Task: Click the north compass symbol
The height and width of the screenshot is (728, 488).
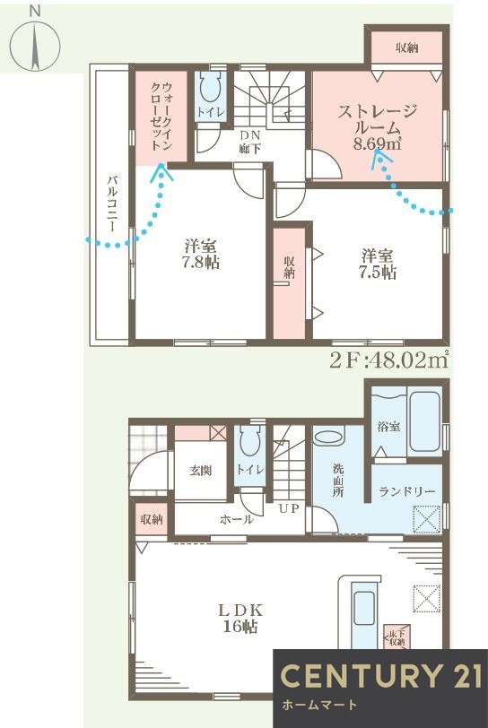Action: (35, 43)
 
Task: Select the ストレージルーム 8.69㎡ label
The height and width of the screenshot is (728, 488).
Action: (378, 126)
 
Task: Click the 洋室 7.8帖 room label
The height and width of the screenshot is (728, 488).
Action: (201, 254)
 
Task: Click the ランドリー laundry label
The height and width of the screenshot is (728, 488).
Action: (406, 492)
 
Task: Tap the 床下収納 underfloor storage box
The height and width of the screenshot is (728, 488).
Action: (395, 637)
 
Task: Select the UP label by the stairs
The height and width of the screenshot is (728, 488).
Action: (289, 508)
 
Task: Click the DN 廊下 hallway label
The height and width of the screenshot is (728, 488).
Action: (249, 142)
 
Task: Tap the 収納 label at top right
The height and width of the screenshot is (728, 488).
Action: (406, 47)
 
